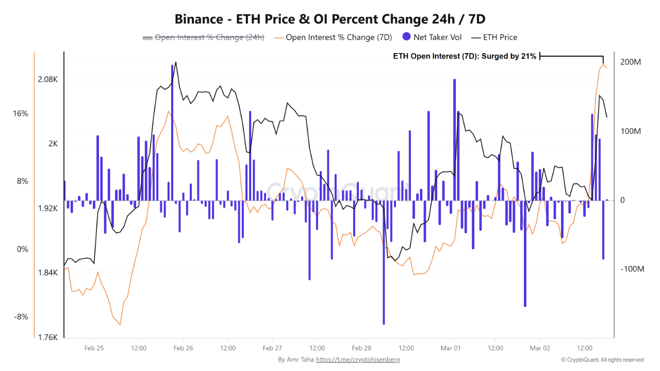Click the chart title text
coord(330,19)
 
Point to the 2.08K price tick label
coord(47,79)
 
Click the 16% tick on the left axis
coord(21,113)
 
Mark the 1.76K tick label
coord(47,338)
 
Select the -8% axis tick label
coord(21,317)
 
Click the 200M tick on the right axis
coord(631,62)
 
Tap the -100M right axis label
coord(630,269)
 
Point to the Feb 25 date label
coord(93,348)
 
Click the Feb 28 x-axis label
coord(361,348)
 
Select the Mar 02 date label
coord(540,348)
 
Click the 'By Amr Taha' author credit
coord(295,360)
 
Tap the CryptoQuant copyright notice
coord(602,360)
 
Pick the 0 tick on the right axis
coord(622,200)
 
